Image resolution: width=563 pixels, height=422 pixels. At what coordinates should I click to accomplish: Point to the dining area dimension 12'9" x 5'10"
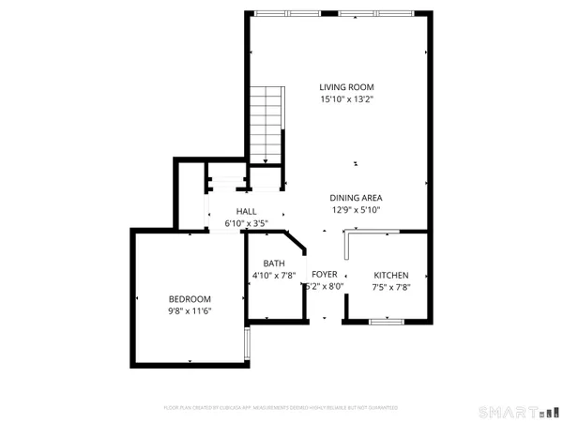click(x=356, y=210)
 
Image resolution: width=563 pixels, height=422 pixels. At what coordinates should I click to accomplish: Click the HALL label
click(x=246, y=212)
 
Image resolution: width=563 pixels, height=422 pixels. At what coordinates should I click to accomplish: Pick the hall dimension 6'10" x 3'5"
click(x=246, y=223)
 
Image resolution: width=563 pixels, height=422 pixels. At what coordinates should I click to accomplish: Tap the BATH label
click(x=273, y=264)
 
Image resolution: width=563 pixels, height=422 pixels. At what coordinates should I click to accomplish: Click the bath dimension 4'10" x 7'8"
click(x=273, y=276)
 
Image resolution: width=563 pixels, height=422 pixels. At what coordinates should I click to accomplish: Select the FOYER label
click(x=325, y=274)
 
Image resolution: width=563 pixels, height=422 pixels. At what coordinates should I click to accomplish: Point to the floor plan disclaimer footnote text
click(x=281, y=408)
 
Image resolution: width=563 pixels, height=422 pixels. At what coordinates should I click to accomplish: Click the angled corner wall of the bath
click(x=296, y=242)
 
